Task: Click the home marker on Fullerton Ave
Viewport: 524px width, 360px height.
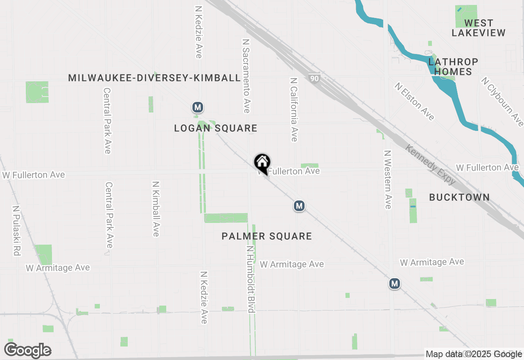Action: point(262,163)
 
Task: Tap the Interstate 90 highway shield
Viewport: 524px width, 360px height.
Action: point(314,78)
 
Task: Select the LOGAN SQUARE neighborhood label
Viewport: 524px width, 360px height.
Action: point(216,128)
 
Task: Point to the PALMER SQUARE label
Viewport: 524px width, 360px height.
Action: point(267,236)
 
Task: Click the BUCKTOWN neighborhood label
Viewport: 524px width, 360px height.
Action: point(459,197)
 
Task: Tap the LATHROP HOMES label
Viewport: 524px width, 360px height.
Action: point(453,67)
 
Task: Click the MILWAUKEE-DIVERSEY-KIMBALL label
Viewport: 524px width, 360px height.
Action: point(154,78)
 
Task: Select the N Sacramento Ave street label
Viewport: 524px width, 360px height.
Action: point(246,76)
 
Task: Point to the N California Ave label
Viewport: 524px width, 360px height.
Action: point(294,110)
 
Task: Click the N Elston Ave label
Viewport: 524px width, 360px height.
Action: point(414,101)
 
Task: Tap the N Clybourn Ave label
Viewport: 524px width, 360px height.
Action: point(502,101)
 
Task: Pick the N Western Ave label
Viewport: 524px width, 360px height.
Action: point(388,179)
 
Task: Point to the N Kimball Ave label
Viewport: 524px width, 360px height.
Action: point(156,209)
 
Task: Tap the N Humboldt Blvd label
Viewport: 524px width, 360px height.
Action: point(251,279)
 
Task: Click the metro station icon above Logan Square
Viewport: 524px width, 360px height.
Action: point(198,108)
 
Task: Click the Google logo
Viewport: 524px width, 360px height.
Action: point(27,351)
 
